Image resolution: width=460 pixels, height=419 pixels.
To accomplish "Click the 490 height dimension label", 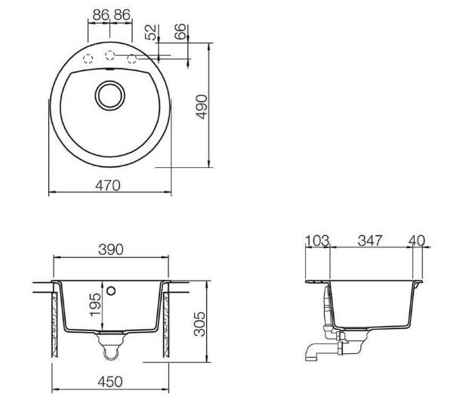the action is (x=202, y=107).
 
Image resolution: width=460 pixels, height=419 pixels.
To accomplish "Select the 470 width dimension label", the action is (x=108, y=185).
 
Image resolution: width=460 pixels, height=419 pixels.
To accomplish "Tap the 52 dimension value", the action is (x=151, y=32).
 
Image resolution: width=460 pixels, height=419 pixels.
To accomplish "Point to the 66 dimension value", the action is (x=180, y=32).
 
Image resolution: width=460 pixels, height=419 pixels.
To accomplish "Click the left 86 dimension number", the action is (x=100, y=14).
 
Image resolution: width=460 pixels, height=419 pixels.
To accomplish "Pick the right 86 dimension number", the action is (x=122, y=14).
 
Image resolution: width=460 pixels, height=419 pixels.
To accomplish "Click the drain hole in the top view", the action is (x=110, y=95).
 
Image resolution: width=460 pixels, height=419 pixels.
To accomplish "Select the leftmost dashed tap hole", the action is (x=88, y=59).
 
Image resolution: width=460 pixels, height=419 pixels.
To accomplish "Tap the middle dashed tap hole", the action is (x=110, y=55).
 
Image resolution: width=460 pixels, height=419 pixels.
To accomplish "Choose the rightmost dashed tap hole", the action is (x=132, y=59).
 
